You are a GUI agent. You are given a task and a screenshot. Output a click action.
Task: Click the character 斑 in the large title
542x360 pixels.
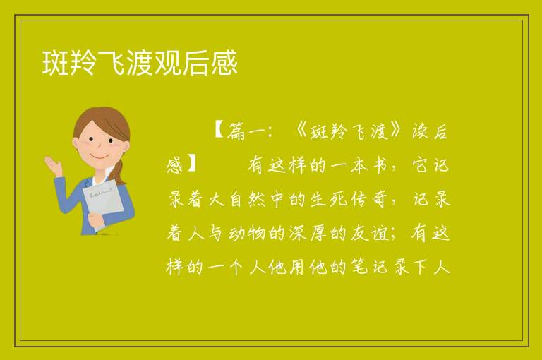point(55,63)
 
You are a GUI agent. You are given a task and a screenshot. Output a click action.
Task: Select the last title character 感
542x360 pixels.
point(224,63)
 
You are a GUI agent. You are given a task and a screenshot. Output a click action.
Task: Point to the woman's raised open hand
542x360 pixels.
point(53,165)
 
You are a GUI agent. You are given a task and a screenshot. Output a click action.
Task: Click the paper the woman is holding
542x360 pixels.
point(103,201)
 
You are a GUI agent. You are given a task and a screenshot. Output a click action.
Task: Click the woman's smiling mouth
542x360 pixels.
point(100,157)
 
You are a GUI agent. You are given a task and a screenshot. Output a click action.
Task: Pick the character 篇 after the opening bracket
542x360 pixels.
point(236,131)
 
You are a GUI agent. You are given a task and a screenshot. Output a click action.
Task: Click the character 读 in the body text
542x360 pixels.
point(420,131)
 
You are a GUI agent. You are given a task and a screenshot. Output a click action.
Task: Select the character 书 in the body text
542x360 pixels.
point(380,165)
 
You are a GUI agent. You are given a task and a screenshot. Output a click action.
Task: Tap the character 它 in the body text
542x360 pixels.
point(420,165)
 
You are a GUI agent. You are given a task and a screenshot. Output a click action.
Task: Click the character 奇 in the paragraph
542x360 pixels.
point(378,199)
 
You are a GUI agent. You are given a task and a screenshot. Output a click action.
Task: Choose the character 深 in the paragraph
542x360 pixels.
point(298,233)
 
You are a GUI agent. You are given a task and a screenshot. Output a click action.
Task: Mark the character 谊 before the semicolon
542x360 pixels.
point(380,233)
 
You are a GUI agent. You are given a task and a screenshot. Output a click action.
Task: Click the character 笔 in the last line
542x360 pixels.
point(359,267)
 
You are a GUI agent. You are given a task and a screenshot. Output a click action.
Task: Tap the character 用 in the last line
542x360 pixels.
point(297,267)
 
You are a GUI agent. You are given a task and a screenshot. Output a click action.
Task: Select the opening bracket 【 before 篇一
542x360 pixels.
point(219,130)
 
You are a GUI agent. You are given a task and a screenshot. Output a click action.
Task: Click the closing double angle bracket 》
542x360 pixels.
point(397,131)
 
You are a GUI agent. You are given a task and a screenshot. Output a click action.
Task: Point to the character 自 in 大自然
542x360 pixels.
point(236,199)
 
